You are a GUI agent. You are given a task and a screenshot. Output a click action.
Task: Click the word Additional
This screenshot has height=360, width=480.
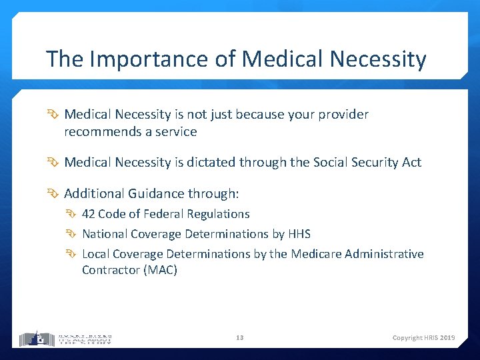point(94,193)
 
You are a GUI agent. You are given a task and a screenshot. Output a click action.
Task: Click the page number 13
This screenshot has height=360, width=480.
point(240,338)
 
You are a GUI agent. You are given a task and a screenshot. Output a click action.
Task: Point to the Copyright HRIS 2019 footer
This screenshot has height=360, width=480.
point(423,338)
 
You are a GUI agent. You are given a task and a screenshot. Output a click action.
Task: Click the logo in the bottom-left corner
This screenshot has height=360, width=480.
point(65,339)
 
